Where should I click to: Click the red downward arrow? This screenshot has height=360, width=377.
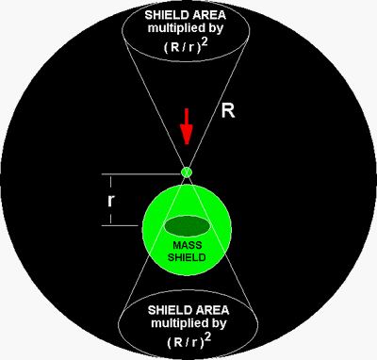tap(187, 126)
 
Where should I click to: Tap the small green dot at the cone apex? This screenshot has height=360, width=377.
tap(187, 172)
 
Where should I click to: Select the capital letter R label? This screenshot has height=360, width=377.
tap(228, 110)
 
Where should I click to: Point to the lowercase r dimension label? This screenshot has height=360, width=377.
tap(110, 201)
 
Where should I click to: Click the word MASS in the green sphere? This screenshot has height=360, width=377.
tap(188, 245)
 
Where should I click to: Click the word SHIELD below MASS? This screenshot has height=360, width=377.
tap(187, 257)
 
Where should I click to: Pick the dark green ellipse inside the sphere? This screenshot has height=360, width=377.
tap(187, 226)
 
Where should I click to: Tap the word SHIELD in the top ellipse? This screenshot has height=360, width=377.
tap(162, 15)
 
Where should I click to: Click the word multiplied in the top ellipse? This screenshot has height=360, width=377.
tap(174, 28)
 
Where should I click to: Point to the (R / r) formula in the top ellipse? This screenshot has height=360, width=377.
tap(182, 47)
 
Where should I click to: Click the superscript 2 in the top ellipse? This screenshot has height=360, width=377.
tap(205, 42)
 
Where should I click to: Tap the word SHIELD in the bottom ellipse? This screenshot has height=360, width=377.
tap(166, 310)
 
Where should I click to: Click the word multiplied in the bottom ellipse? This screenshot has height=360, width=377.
tap(177, 323)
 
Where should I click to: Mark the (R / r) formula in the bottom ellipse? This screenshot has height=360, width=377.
tap(186, 342)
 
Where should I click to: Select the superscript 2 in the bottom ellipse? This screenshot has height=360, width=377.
tap(208, 338)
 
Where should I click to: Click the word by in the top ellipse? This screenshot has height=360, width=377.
tap(214, 28)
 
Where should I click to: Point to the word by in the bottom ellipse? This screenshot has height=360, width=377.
tap(217, 324)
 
